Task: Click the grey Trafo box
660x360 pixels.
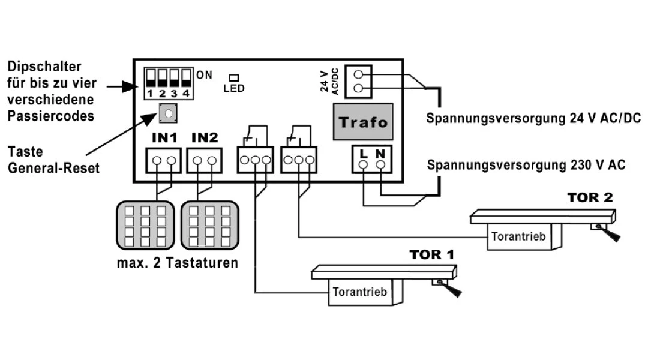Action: [x=362, y=122]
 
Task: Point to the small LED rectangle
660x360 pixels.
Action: [x=233, y=78]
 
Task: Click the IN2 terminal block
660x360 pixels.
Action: [x=205, y=161]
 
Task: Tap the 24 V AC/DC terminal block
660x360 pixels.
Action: [x=358, y=82]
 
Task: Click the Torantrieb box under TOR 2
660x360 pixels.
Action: [x=518, y=236]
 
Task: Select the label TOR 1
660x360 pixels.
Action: [x=432, y=254]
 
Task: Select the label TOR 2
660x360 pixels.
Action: [x=590, y=197]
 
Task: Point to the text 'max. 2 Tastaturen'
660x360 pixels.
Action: [x=177, y=262]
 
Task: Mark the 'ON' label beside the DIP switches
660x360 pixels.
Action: [x=204, y=75]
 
